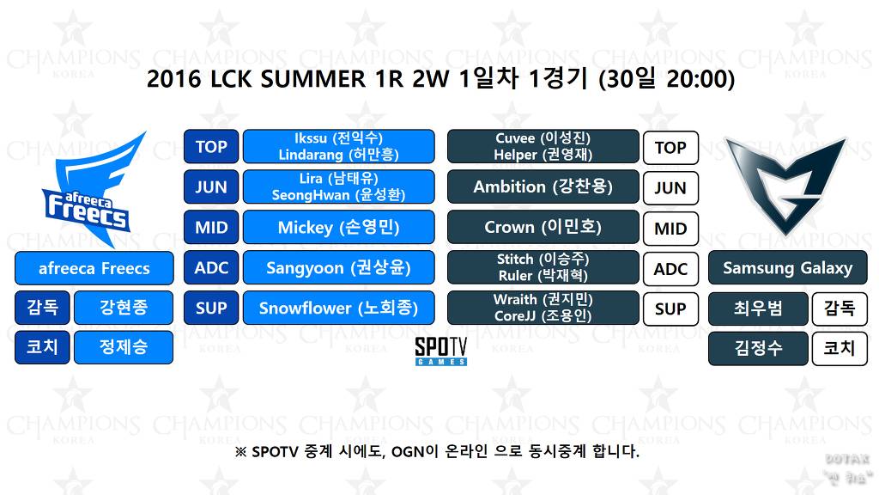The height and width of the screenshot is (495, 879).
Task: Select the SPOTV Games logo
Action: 440,351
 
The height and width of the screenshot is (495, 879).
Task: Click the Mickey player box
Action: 338,228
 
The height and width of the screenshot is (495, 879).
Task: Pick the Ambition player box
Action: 543,186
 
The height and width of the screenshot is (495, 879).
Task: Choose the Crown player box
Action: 543,228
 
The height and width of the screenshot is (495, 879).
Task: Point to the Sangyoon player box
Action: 338,268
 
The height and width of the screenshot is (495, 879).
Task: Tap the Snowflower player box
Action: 338,308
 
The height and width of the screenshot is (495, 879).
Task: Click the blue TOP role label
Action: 211,147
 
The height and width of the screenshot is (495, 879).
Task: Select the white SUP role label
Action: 670,309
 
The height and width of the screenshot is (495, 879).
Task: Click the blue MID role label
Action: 211,228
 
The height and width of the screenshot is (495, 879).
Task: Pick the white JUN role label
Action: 670,188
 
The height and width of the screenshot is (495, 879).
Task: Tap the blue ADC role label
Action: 211,268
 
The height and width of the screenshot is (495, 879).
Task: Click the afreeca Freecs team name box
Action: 94,268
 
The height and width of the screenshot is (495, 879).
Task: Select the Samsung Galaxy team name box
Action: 787,268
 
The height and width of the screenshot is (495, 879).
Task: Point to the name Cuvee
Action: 515,138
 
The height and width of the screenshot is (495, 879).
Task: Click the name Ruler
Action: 515,276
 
